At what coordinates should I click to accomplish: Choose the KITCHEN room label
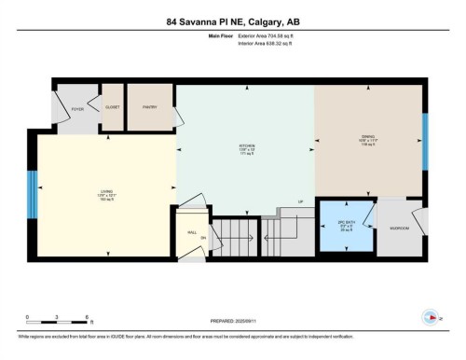tap(247, 146)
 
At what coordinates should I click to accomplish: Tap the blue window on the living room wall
tap(32, 195)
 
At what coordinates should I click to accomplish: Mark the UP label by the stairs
tap(300, 201)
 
